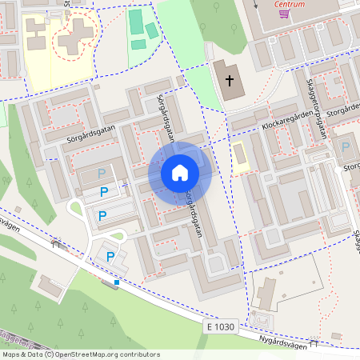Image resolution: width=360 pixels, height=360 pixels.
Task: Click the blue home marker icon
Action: point(180,173)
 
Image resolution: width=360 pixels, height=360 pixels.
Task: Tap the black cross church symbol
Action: point(230,80)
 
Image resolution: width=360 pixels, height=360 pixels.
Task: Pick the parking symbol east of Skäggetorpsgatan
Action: point(346,147)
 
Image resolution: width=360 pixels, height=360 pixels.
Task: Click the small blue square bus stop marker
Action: point(117,282)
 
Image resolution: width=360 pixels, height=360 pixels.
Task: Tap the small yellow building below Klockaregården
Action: point(239,157)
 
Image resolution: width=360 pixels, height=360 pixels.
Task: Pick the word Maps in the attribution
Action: point(12,354)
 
